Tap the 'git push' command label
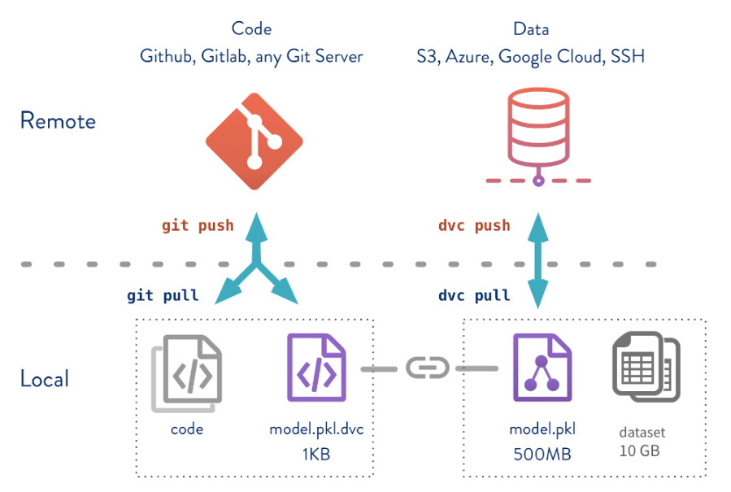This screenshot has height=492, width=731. click(x=198, y=225)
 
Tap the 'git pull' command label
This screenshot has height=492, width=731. click(x=163, y=294)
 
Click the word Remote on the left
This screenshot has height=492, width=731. click(x=58, y=121)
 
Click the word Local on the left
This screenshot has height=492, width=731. click(x=45, y=379)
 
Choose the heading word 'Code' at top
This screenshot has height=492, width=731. click(x=251, y=29)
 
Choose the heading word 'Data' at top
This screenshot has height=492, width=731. click(x=531, y=29)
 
